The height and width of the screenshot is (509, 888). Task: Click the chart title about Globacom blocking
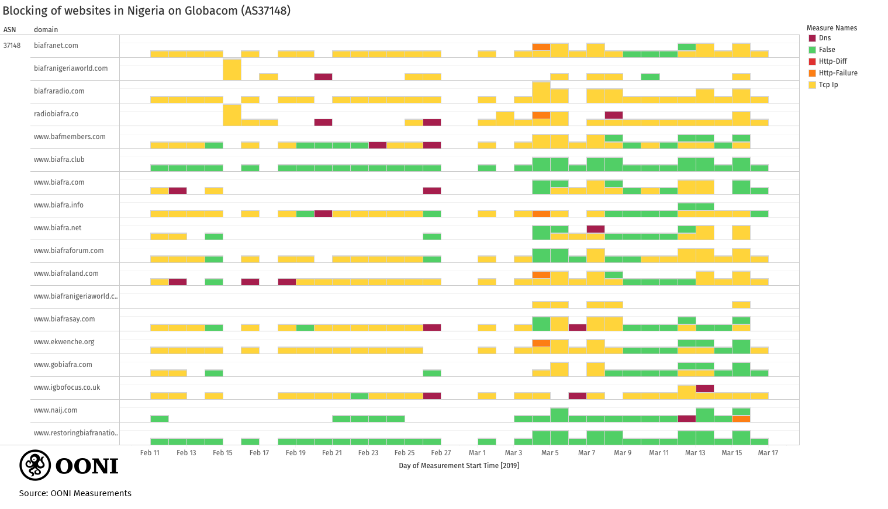tap(146, 11)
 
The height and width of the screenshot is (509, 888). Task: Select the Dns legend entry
tap(824, 38)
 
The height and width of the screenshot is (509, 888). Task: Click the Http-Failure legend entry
tap(838, 73)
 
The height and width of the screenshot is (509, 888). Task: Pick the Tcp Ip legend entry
tap(828, 85)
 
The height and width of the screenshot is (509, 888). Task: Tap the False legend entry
tap(827, 50)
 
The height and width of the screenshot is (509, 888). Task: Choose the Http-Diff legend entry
tap(832, 61)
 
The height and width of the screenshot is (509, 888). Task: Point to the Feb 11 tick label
tap(150, 453)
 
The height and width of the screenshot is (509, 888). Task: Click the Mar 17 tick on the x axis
tap(768, 453)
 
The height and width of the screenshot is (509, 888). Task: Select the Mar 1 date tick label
tap(477, 453)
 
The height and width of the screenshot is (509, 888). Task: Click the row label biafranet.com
tap(56, 46)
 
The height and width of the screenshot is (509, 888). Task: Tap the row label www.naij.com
tap(56, 410)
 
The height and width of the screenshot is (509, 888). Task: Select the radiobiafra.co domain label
tap(56, 114)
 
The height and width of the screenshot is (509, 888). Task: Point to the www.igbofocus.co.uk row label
tap(67, 387)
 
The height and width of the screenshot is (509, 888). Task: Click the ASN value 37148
tap(12, 46)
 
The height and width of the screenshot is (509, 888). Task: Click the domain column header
tap(46, 30)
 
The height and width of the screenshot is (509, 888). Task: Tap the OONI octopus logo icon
tap(35, 465)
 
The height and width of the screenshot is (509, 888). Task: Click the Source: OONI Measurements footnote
tap(75, 493)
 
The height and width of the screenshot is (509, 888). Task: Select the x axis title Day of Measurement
tap(459, 466)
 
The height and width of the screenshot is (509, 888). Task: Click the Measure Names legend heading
tap(831, 28)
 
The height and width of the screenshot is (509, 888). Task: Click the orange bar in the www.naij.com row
tap(741, 418)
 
